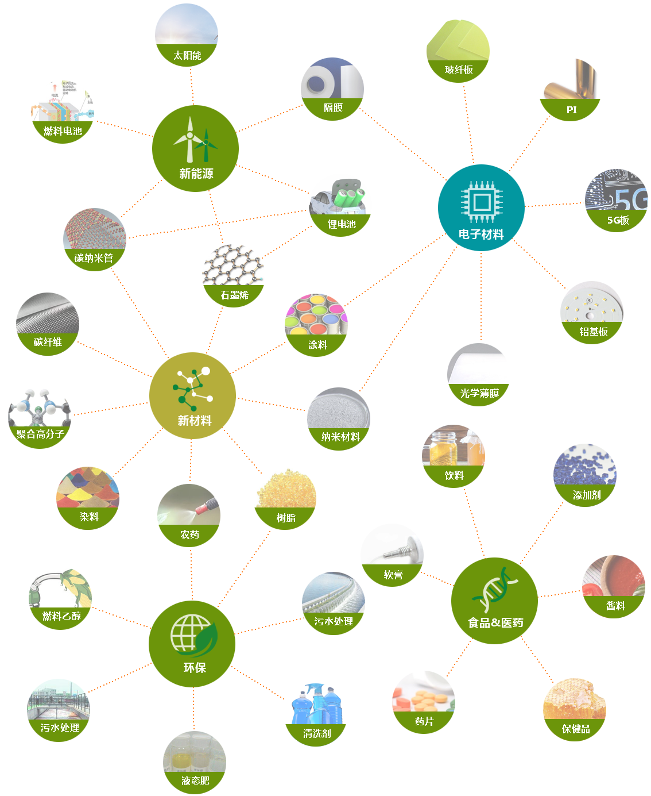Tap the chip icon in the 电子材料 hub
481,201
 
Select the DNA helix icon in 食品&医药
494,589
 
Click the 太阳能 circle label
187,56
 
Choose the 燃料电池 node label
63,131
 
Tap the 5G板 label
618,220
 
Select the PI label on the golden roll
571,110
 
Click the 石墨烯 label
234,295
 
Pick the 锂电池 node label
342,224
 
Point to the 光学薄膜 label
479,393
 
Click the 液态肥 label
195,780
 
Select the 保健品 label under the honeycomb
576,729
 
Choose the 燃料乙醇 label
61,616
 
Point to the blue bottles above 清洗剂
316,705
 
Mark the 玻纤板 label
459,70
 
